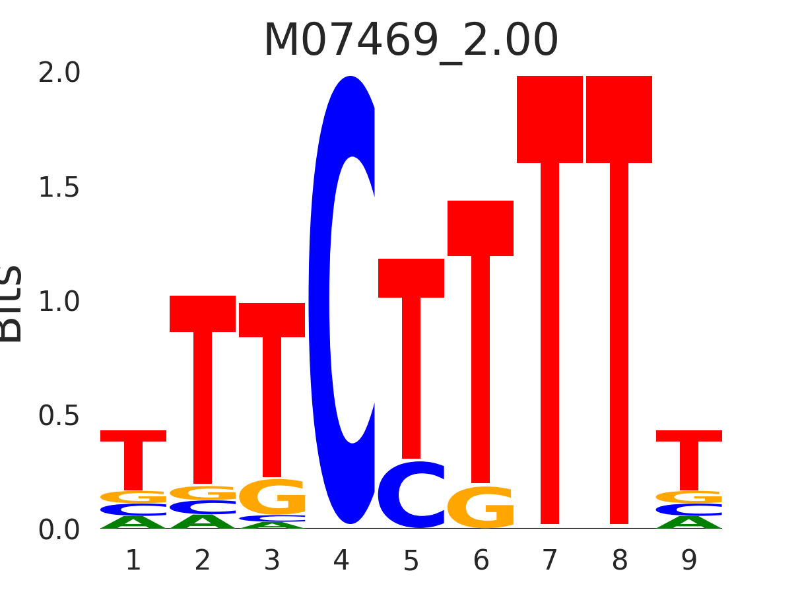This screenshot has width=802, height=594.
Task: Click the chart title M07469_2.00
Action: [411, 41]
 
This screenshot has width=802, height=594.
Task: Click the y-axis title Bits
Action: [12, 304]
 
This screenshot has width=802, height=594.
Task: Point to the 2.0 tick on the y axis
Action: [59, 73]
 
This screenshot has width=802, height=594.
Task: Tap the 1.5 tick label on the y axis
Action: [59, 188]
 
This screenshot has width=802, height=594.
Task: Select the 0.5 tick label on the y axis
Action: [59, 416]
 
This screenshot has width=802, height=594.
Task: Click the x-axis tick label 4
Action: [341, 561]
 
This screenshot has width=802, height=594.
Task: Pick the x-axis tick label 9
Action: [688, 561]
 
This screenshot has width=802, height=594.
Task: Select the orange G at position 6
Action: [481, 507]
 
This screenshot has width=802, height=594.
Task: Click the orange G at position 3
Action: [272, 497]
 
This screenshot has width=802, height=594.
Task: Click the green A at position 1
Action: [133, 523]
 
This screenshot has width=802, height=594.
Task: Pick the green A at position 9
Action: [689, 523]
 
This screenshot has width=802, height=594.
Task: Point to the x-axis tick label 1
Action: [133, 561]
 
